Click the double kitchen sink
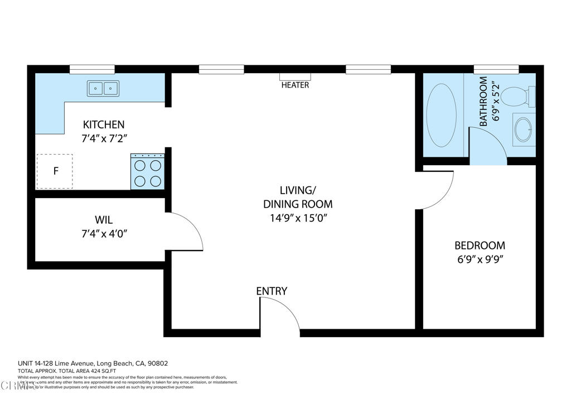pyautogui.click(x=103, y=88)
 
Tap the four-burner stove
pyautogui.click(x=148, y=172)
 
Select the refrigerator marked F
pyautogui.click(x=55, y=171)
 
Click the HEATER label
pyautogui.click(x=295, y=85)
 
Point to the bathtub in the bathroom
pyautogui.click(x=441, y=116)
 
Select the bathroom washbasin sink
pyautogui.click(x=523, y=129)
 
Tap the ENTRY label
pyautogui.click(x=272, y=291)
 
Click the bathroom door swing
pyautogui.click(x=487, y=146)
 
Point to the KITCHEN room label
pyautogui.click(x=104, y=124)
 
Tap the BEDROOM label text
pyautogui.click(x=480, y=246)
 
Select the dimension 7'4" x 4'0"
pyautogui.click(x=104, y=234)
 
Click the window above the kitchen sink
pyautogui.click(x=92, y=69)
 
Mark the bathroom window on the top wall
pyautogui.click(x=496, y=69)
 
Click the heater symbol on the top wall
pyautogui.click(x=295, y=76)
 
